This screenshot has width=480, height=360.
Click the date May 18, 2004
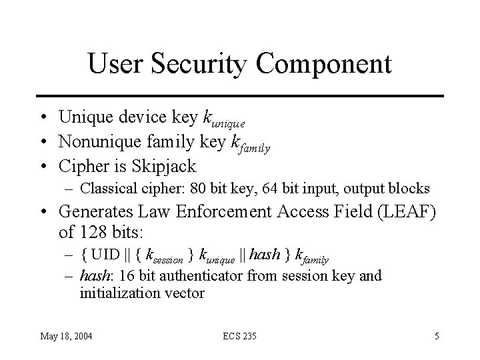pos(67,336)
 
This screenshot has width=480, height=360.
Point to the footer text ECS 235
pos(239,336)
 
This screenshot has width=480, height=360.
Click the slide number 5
pos(436,336)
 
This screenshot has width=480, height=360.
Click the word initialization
pos(118,293)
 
